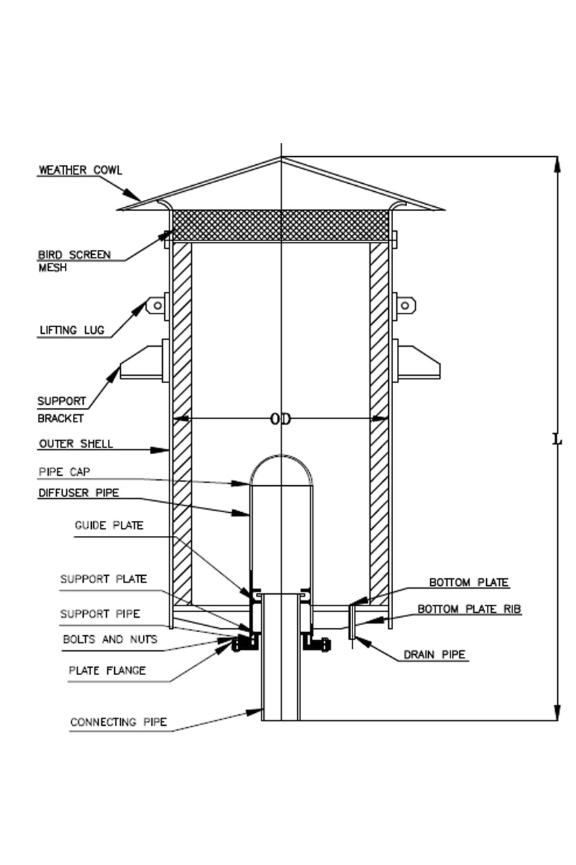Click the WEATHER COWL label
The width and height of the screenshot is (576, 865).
click(80, 170)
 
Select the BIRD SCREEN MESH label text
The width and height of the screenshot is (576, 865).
click(74, 261)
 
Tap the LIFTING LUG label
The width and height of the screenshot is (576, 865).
click(71, 330)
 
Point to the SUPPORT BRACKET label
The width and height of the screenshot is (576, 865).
click(61, 410)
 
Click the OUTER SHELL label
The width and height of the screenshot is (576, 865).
click(76, 444)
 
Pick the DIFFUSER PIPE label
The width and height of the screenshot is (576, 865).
click(78, 493)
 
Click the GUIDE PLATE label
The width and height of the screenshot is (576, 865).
click(109, 525)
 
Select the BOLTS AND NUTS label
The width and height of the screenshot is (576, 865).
click(110, 639)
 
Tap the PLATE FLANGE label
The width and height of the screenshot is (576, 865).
click(107, 671)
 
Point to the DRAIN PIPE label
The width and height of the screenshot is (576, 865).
click(434, 655)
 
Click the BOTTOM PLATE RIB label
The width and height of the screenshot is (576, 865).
click(469, 609)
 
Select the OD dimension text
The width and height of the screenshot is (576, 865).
click(280, 420)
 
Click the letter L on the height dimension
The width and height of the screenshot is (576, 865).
click(557, 440)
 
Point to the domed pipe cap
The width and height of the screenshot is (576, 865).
click(282, 468)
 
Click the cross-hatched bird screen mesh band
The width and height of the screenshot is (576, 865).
click(281, 225)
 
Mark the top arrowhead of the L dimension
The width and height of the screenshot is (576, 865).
click(557, 164)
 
